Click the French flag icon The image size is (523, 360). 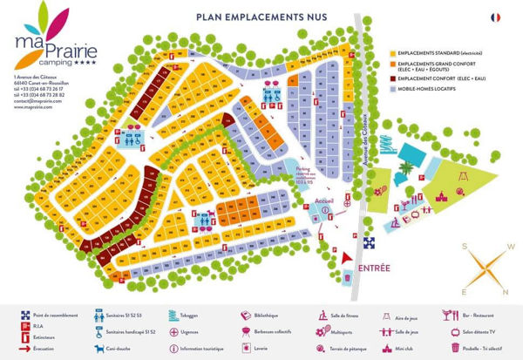[495, 17]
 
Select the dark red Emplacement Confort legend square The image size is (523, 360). [391, 78]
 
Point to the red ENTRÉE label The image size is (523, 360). [373, 267]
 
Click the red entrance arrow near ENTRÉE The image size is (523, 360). [348, 259]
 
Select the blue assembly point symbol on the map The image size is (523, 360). [369, 243]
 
